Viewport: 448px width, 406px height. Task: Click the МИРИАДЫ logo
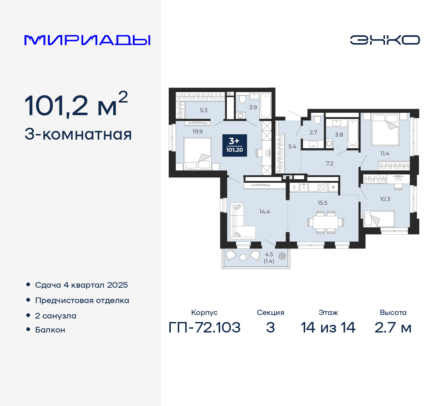click(x=87, y=40)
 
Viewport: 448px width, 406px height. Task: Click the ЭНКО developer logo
click(x=385, y=40)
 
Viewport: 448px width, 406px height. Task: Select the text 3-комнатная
click(x=78, y=134)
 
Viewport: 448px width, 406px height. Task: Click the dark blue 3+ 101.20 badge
click(x=234, y=146)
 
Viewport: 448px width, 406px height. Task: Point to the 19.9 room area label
click(x=197, y=132)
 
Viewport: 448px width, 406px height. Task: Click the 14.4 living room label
click(x=265, y=212)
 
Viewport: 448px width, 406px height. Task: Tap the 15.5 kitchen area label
click(x=322, y=203)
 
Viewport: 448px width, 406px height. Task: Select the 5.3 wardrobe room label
click(x=203, y=110)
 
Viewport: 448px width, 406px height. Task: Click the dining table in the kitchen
click(x=325, y=222)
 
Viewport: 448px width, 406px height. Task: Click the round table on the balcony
click(x=243, y=258)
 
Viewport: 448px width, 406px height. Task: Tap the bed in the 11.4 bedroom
click(x=385, y=129)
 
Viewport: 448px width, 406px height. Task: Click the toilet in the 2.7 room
click(x=317, y=120)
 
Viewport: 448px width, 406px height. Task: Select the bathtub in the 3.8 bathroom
click(x=353, y=133)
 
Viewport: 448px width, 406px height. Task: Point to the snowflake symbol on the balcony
click(x=282, y=255)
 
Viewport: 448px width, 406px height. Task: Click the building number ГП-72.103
click(x=204, y=328)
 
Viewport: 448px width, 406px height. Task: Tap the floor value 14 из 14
click(x=328, y=328)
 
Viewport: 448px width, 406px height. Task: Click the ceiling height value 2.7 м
click(x=393, y=328)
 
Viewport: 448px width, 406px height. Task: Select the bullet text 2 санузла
click(x=56, y=316)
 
